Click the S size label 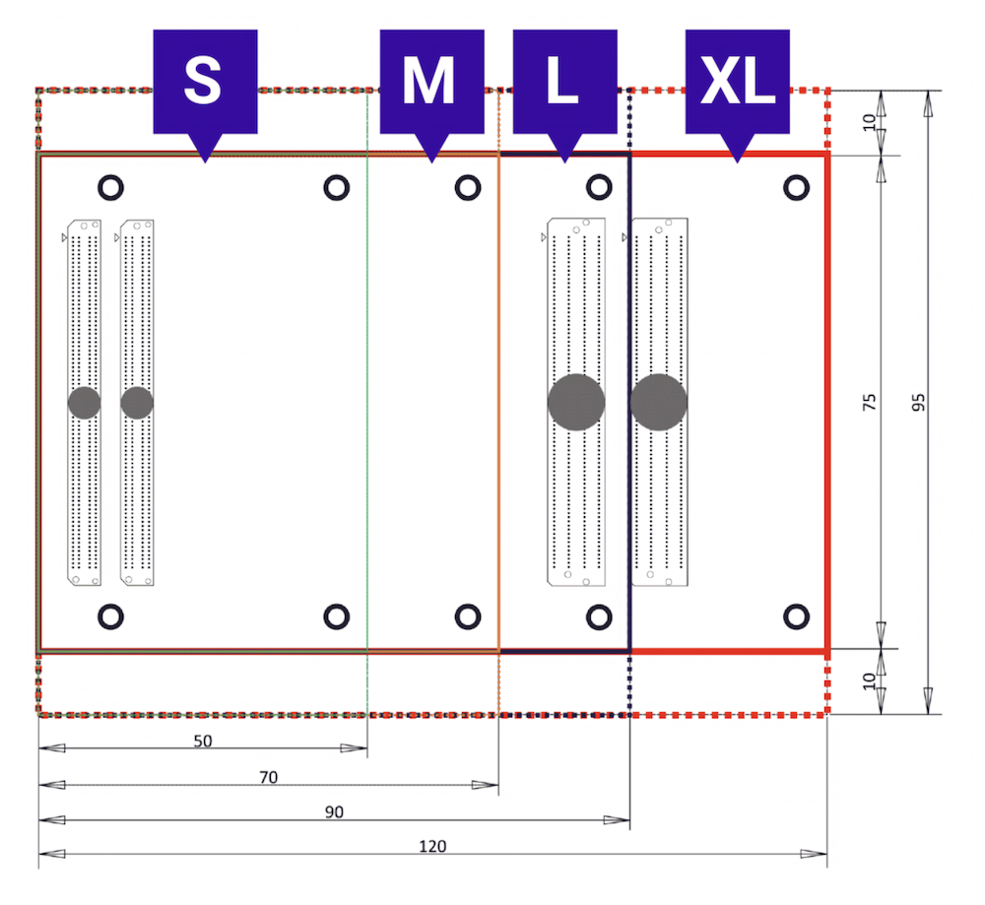[x=206, y=96]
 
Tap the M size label [x=432, y=96]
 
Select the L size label [x=564, y=96]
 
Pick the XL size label [x=738, y=96]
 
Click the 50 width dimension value [x=203, y=742]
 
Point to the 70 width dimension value [x=268, y=778]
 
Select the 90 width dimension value [x=334, y=812]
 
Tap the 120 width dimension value [x=432, y=847]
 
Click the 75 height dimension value [x=869, y=402]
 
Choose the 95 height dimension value [x=918, y=402]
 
